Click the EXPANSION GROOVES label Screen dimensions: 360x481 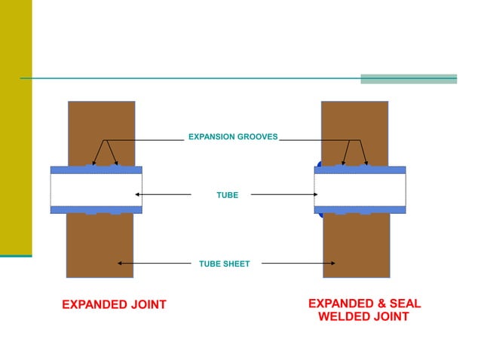[x=232, y=137]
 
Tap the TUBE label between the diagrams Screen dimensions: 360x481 [x=227, y=195]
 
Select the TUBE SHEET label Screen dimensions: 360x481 [x=224, y=264]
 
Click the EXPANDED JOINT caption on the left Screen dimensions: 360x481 [x=113, y=305]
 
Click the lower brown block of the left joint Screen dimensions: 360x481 [x=100, y=249]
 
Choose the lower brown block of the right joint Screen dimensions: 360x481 [x=356, y=249]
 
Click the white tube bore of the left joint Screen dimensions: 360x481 [x=96, y=190]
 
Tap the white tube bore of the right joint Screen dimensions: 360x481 [x=360, y=190]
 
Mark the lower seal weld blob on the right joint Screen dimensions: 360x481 [x=320, y=214]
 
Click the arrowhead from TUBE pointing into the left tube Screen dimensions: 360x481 [x=137, y=194]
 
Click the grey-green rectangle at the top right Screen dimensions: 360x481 [x=409, y=79]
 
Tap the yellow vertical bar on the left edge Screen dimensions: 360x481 [x=16, y=128]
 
